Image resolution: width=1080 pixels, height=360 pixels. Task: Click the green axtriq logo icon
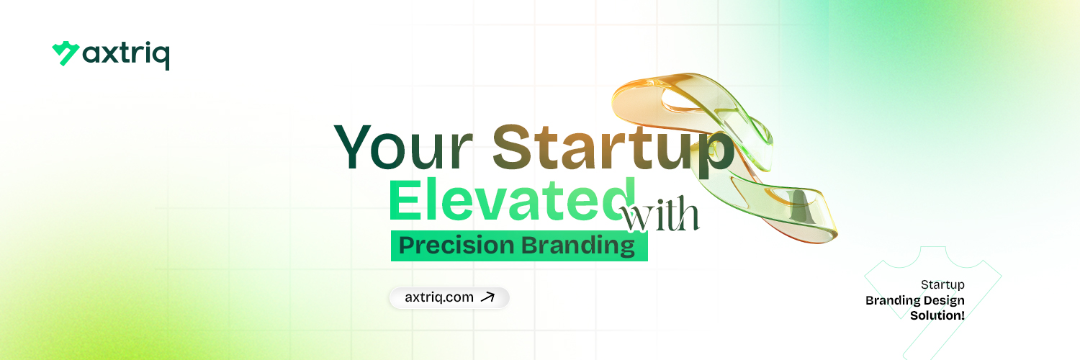[x=66, y=53]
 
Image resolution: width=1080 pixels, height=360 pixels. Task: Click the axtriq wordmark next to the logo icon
[x=126, y=55]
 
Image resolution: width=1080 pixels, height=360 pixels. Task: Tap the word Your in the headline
[x=403, y=146]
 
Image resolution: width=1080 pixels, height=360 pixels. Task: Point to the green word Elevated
[x=512, y=199]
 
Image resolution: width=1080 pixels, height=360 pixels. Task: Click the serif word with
[x=660, y=214]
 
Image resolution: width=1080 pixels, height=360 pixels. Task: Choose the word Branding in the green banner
[x=578, y=246]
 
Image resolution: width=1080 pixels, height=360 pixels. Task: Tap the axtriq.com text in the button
[x=439, y=297]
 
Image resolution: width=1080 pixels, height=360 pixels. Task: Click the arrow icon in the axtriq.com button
[x=488, y=297]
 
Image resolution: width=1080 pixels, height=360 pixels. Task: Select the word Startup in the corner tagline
[x=942, y=285]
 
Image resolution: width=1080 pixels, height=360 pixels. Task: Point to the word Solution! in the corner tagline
[x=937, y=315]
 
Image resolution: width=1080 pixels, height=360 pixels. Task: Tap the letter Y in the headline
[x=353, y=146]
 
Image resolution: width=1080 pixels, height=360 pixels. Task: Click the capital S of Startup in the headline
[x=509, y=146]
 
